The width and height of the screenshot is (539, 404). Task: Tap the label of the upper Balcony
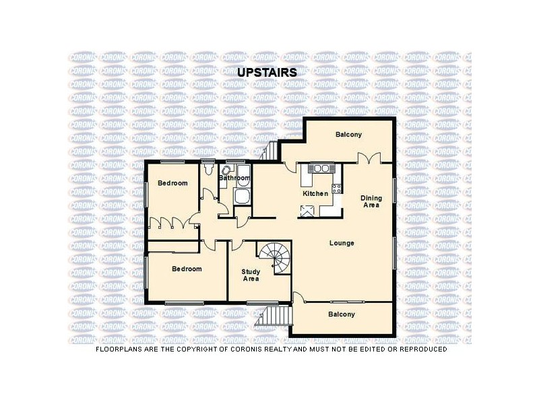(x=348, y=135)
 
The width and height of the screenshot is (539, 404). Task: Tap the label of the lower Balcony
(x=342, y=314)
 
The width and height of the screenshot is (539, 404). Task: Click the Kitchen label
(x=315, y=194)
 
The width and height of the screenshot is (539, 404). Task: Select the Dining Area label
(x=370, y=201)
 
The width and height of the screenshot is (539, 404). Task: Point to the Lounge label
(x=342, y=242)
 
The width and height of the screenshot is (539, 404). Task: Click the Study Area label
(x=251, y=275)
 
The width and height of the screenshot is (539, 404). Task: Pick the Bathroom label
(x=234, y=178)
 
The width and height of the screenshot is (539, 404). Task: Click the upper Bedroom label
(x=172, y=183)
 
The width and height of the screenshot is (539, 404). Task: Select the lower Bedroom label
(x=186, y=269)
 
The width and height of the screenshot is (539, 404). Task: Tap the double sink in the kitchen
(x=320, y=168)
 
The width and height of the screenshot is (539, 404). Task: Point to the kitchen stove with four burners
(x=337, y=189)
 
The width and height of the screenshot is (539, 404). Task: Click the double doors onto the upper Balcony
(x=368, y=158)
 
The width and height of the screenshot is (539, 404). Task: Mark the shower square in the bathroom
(x=242, y=197)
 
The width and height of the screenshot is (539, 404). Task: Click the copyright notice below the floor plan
(x=271, y=349)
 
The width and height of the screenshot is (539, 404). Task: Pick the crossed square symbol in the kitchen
(x=309, y=211)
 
